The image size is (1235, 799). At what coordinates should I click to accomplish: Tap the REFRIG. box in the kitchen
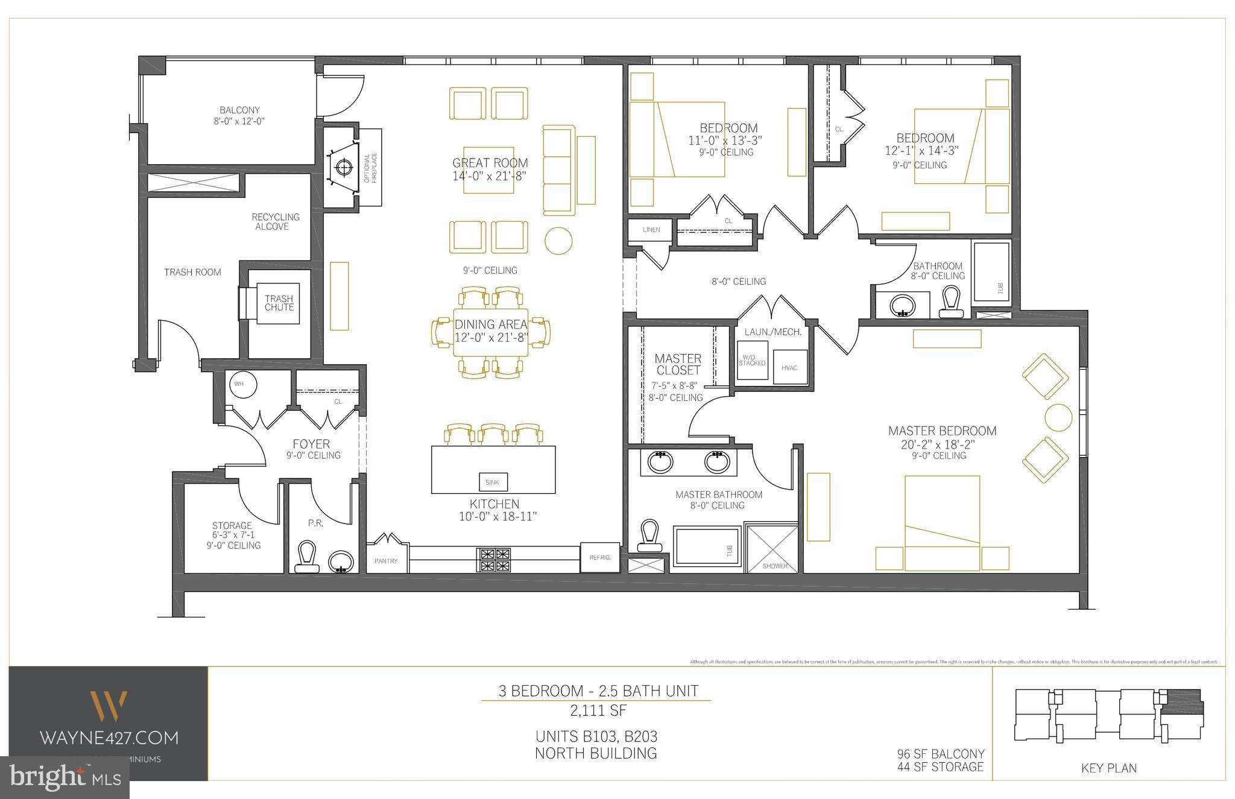tap(600, 558)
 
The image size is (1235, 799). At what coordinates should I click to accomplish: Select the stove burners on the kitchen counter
tap(494, 559)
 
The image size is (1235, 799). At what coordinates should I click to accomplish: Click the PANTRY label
tap(386, 561)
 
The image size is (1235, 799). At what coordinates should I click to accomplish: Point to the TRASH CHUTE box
tap(279, 303)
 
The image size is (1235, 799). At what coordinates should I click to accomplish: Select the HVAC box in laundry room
tap(789, 367)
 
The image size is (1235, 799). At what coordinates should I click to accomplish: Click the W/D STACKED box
tap(752, 360)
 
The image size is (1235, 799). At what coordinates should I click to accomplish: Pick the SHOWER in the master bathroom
tap(774, 548)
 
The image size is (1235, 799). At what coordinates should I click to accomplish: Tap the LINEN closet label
tap(651, 230)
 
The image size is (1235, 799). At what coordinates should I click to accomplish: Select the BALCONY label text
tap(239, 110)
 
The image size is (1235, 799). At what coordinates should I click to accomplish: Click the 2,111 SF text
tap(598, 711)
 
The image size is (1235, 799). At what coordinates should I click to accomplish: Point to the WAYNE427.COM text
tap(109, 737)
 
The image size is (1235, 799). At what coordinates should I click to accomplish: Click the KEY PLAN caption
tap(1108, 768)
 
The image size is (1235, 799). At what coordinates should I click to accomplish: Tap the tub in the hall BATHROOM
tap(991, 271)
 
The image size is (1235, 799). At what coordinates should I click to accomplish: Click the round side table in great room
tap(558, 240)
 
